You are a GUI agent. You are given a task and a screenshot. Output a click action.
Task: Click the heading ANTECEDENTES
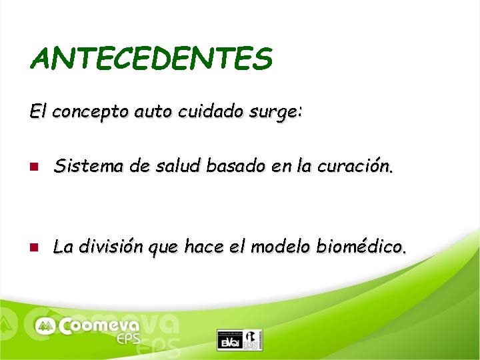click(151, 59)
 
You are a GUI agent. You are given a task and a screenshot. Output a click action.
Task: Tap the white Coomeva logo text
click(99, 326)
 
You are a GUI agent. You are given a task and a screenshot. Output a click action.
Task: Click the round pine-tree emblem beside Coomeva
click(46, 326)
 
